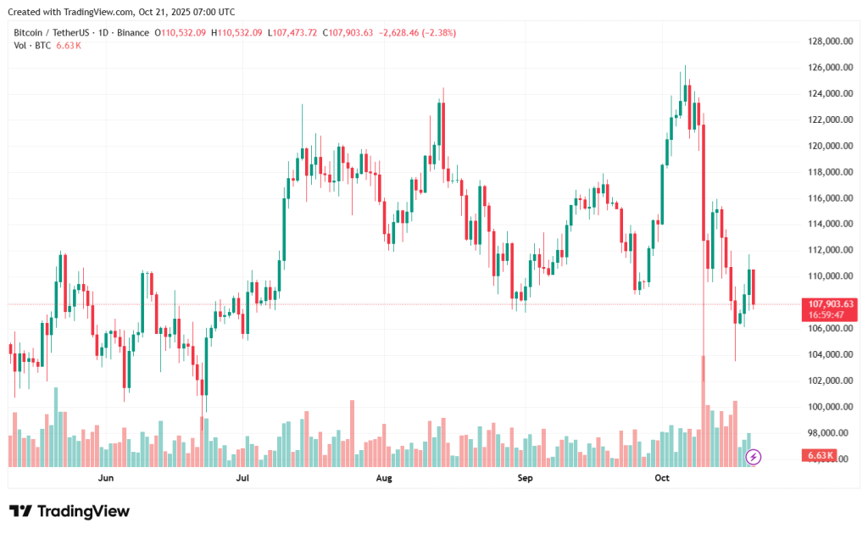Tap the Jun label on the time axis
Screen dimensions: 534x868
[x=106, y=478]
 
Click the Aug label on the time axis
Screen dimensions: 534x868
[x=384, y=478]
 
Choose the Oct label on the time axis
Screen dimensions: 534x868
[x=663, y=478]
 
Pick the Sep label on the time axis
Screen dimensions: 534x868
[x=525, y=478]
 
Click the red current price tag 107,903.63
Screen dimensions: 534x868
[x=831, y=303]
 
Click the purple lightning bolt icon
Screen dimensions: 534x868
[x=754, y=458]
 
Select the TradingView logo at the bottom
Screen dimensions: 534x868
[x=70, y=511]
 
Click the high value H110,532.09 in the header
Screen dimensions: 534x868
[x=237, y=33]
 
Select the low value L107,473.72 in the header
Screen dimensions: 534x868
[x=292, y=33]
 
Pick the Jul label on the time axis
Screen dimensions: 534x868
[x=243, y=478]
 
